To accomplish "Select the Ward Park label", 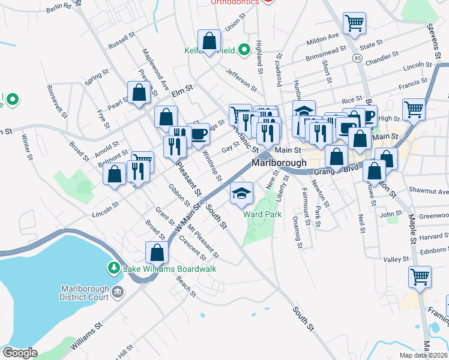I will pyautogui.click(x=262, y=214).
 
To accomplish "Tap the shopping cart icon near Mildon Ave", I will pyautogui.click(x=354, y=23).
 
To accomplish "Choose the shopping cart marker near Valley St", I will pyautogui.click(x=420, y=277).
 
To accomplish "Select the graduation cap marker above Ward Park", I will pyautogui.click(x=242, y=192).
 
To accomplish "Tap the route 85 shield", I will pyautogui.click(x=358, y=58).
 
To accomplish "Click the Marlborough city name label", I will pyautogui.click(x=279, y=163).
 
